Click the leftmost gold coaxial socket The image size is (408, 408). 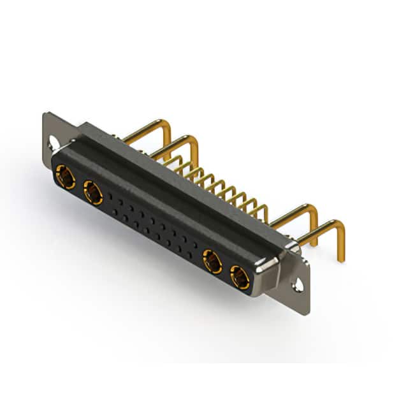click(x=64, y=175)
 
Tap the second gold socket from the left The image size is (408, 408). click(x=93, y=191)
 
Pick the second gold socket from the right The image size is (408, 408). click(x=212, y=261)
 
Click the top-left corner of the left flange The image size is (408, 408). click(x=45, y=115)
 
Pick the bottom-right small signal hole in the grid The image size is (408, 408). click(x=191, y=255)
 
